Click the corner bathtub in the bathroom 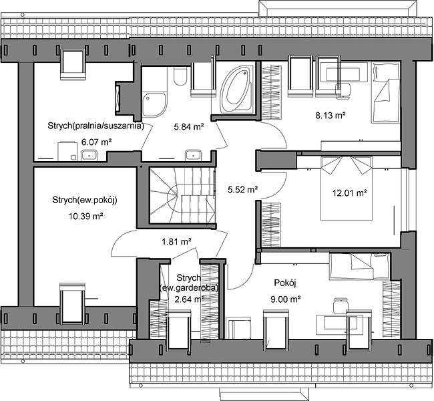[x=237, y=90]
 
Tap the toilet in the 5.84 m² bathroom [x=180, y=75]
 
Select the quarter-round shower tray [x=154, y=105]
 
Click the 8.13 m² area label [x=331, y=115]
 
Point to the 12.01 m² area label [x=350, y=192]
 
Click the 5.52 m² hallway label [x=243, y=190]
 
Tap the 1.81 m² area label [x=177, y=242]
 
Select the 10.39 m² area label [x=86, y=216]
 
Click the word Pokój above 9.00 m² [x=285, y=283]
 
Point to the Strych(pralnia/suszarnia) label [x=95, y=126]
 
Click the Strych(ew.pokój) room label [x=85, y=200]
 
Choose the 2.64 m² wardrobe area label [x=190, y=299]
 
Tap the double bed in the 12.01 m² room [x=346, y=188]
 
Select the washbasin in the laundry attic [x=89, y=155]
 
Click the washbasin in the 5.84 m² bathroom [x=193, y=155]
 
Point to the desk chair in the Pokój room [x=340, y=305]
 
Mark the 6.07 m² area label [x=96, y=142]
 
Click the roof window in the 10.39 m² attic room [x=73, y=303]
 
